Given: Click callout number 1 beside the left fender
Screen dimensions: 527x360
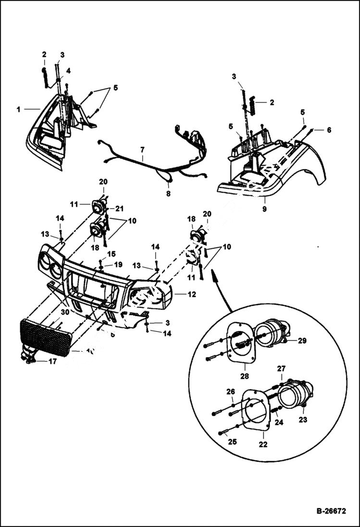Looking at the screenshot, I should coord(18,109).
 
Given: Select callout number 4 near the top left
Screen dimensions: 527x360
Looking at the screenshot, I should coord(68,70).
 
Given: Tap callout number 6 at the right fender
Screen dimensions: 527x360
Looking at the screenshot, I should coord(329,130).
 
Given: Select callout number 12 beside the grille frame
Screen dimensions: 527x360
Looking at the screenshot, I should coord(191,294).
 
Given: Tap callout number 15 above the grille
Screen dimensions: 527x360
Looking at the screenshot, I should coord(111,253).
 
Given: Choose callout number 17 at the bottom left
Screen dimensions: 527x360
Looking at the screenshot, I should coord(52,361).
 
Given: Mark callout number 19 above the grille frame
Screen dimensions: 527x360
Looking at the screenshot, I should coord(119,264).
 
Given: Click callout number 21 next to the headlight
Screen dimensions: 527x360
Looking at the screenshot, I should coord(119,208).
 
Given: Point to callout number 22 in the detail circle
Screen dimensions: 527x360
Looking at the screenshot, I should coord(263,444).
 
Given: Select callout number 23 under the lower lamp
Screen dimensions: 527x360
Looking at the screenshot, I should coord(303,419).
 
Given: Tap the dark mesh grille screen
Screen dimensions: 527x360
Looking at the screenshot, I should coord(45,337).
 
